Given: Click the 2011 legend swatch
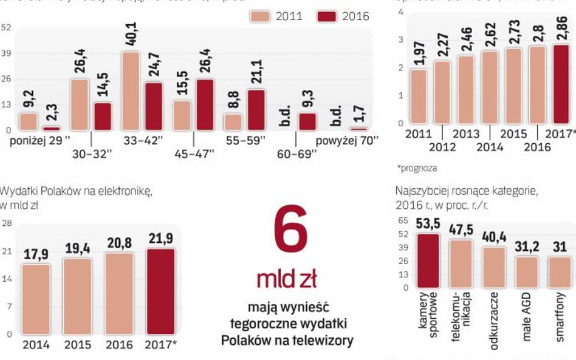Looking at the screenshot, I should tap(261, 16).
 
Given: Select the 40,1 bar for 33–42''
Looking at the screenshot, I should tap(130, 91).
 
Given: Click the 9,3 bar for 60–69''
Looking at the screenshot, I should tap(307, 121).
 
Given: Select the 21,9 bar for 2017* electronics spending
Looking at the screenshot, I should tap(160, 291).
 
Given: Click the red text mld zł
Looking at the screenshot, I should tap(286, 279).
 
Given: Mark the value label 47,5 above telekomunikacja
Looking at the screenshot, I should tap(462, 231).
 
